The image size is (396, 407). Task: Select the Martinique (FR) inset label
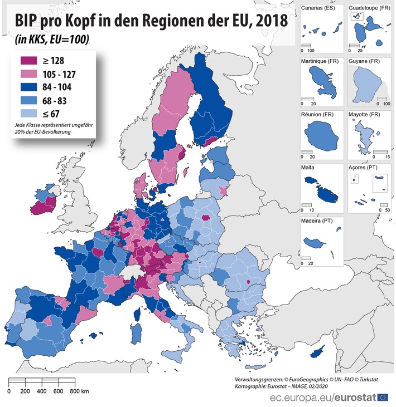point(321,62)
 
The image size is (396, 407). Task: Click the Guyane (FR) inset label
point(365,62)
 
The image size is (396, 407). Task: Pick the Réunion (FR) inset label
point(317,115)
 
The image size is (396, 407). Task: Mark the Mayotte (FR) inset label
point(366,115)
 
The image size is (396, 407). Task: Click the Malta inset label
point(308,168)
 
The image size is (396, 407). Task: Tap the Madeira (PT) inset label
point(318,220)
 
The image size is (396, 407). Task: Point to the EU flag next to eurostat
point(383,397)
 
